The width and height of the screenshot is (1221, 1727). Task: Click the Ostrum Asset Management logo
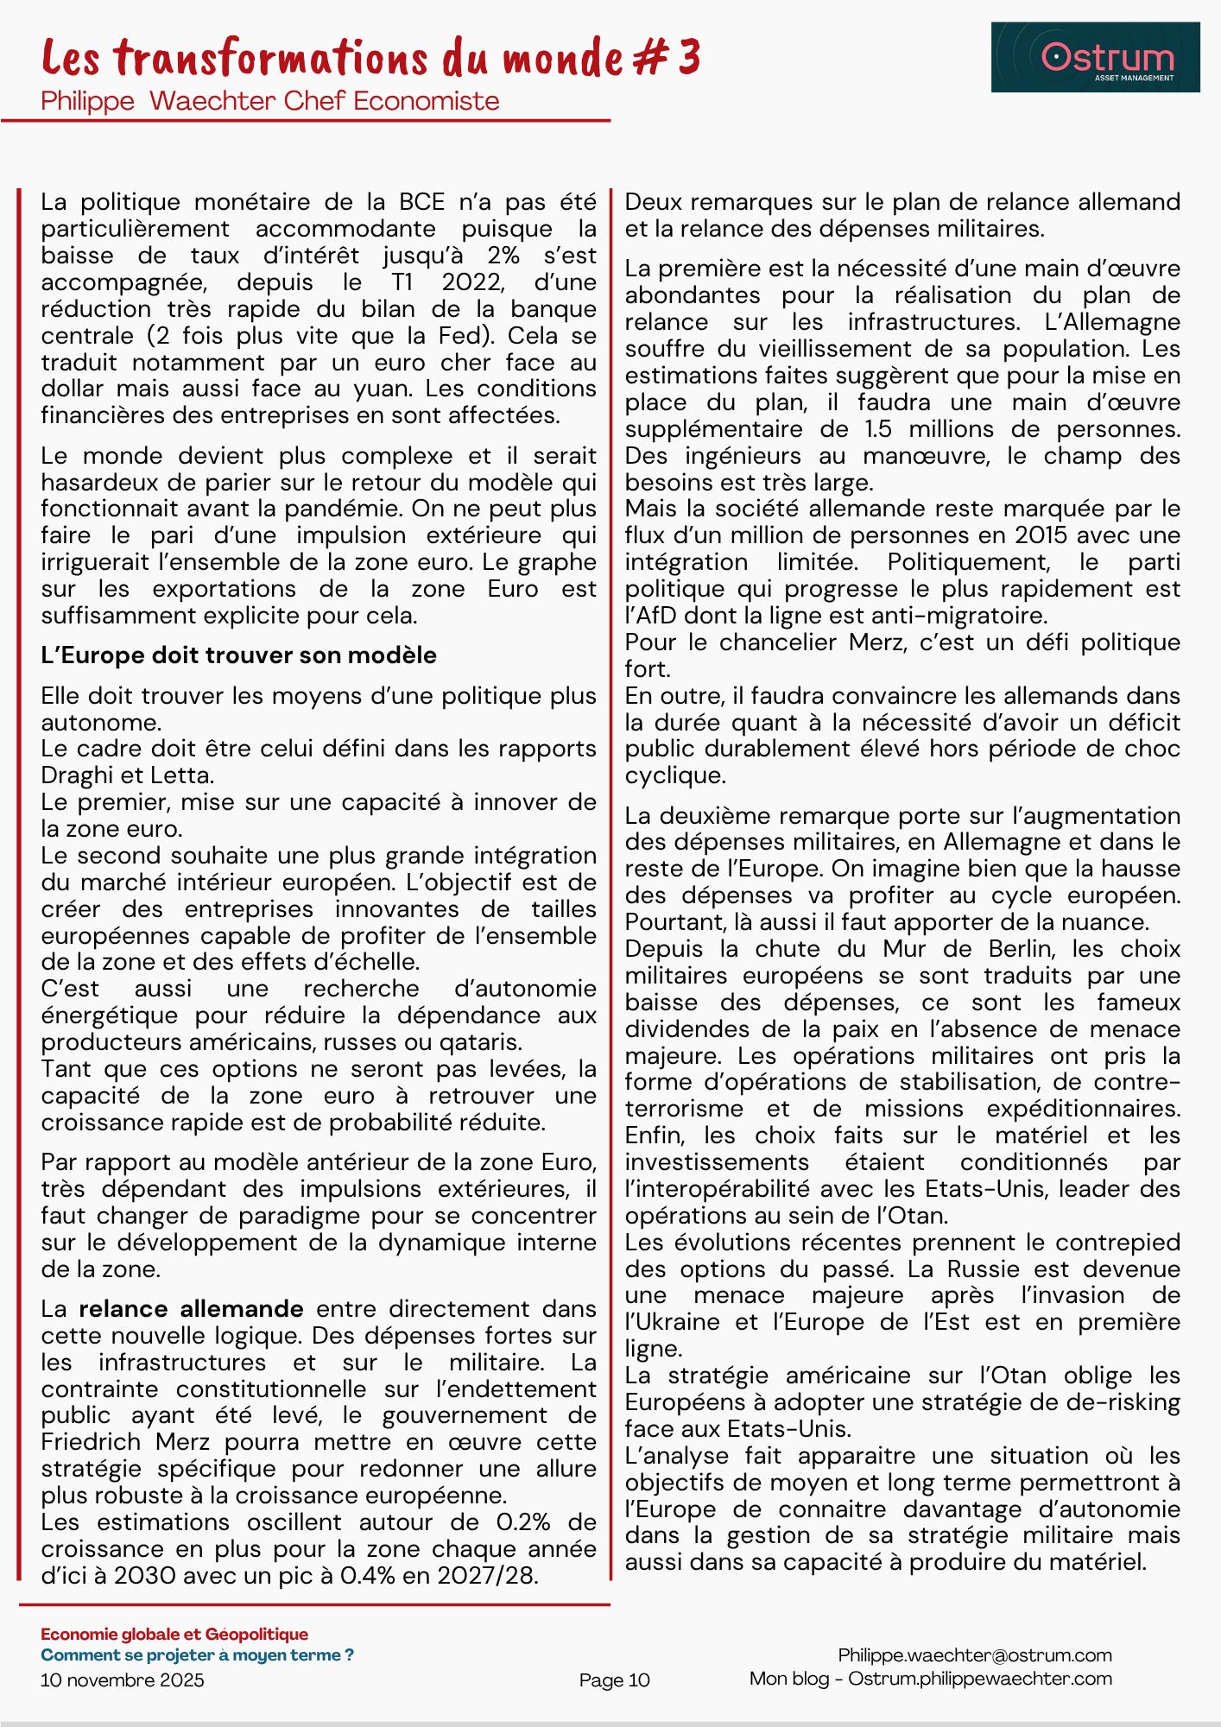point(1095,57)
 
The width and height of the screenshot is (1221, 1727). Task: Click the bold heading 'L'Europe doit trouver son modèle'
point(238,655)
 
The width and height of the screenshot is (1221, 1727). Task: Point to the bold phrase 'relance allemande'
point(191,1309)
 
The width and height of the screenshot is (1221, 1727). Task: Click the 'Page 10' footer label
point(614,1680)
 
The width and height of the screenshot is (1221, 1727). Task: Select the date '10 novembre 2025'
point(122,1680)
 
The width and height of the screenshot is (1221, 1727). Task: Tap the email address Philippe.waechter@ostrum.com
point(975,1654)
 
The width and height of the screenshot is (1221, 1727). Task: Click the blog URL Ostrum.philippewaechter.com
point(980,1678)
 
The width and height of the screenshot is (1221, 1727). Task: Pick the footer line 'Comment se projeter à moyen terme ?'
point(197,1654)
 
